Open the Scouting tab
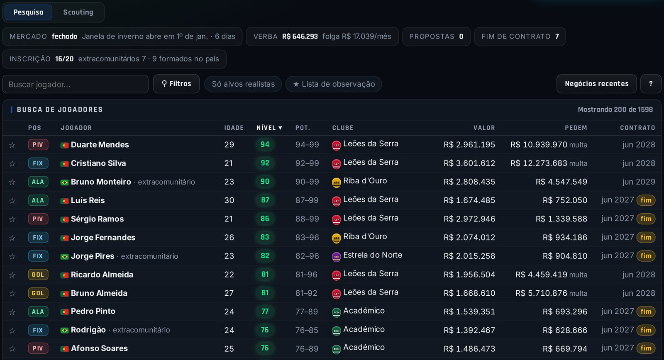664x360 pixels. click(x=78, y=12)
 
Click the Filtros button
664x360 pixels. click(x=176, y=84)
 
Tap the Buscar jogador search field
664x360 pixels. click(x=75, y=84)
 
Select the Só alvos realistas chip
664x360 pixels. click(x=243, y=84)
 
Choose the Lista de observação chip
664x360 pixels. click(x=334, y=84)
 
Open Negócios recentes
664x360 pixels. click(x=596, y=84)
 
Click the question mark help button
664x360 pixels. click(x=651, y=84)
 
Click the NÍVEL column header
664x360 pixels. click(x=269, y=128)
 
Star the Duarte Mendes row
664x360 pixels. click(x=12, y=145)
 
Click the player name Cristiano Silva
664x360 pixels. click(x=98, y=163)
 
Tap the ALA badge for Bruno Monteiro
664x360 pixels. click(x=38, y=182)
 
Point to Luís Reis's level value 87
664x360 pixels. click(x=265, y=200)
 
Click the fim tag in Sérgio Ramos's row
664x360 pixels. click(x=646, y=219)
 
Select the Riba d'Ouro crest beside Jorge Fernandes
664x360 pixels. click(x=336, y=238)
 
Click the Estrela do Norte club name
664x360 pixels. click(x=373, y=255)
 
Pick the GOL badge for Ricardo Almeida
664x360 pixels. click(x=38, y=275)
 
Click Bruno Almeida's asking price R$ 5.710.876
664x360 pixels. click(x=541, y=293)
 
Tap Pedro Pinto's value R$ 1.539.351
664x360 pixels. click(x=469, y=312)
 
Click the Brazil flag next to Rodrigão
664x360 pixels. click(x=64, y=331)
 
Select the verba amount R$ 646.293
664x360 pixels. click(x=300, y=36)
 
